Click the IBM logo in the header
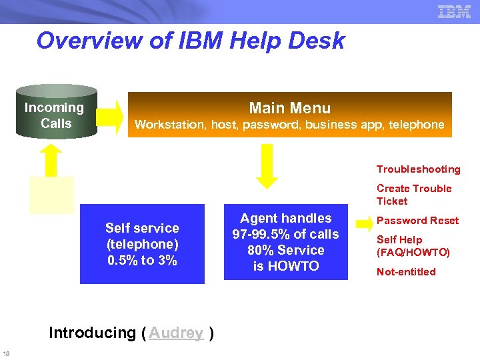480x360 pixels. click(455, 11)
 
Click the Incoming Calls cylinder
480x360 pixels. click(56, 112)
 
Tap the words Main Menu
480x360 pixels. click(289, 108)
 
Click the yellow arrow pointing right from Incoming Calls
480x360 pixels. click(114, 113)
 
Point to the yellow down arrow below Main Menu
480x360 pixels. click(267, 167)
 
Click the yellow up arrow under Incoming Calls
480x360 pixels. click(51, 161)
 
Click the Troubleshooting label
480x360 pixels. click(418, 169)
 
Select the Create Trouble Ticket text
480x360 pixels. click(414, 195)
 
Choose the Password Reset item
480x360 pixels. click(418, 221)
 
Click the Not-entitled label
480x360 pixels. click(406, 272)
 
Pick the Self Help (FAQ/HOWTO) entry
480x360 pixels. click(413, 246)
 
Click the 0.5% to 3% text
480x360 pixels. click(142, 261)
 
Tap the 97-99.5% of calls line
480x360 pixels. click(285, 235)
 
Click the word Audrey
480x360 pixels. click(176, 333)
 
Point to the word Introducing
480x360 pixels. click(92, 333)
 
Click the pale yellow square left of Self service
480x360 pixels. click(51, 195)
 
